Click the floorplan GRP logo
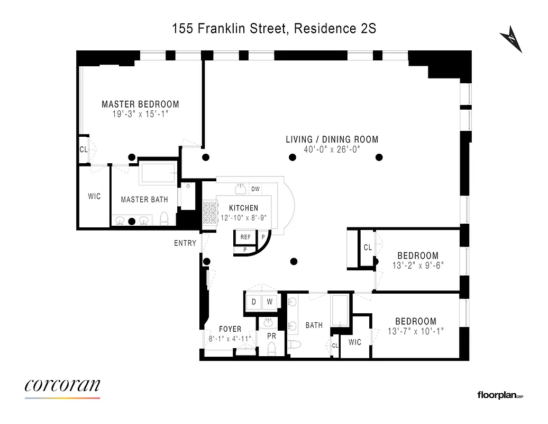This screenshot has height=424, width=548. tap(500, 395)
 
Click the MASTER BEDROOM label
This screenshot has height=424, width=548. tap(140, 104)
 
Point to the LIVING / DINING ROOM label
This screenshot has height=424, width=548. tap(332, 139)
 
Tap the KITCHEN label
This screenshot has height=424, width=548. tap(243, 208)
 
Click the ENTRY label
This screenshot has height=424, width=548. tap(185, 243)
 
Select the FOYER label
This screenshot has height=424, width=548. tap(230, 329)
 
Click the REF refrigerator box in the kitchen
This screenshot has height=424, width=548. tap(245, 237)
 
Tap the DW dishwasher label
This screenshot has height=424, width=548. tap(255, 189)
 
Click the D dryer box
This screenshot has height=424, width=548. tap(254, 302)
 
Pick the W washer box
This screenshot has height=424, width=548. tap(269, 302)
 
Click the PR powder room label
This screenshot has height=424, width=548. tap(271, 336)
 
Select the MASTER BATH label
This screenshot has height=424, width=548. tap(144, 200)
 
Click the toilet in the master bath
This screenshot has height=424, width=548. tap(164, 218)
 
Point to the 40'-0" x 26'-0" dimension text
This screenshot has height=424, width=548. tap(332, 149)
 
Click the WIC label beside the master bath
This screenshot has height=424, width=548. tap(94, 197)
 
